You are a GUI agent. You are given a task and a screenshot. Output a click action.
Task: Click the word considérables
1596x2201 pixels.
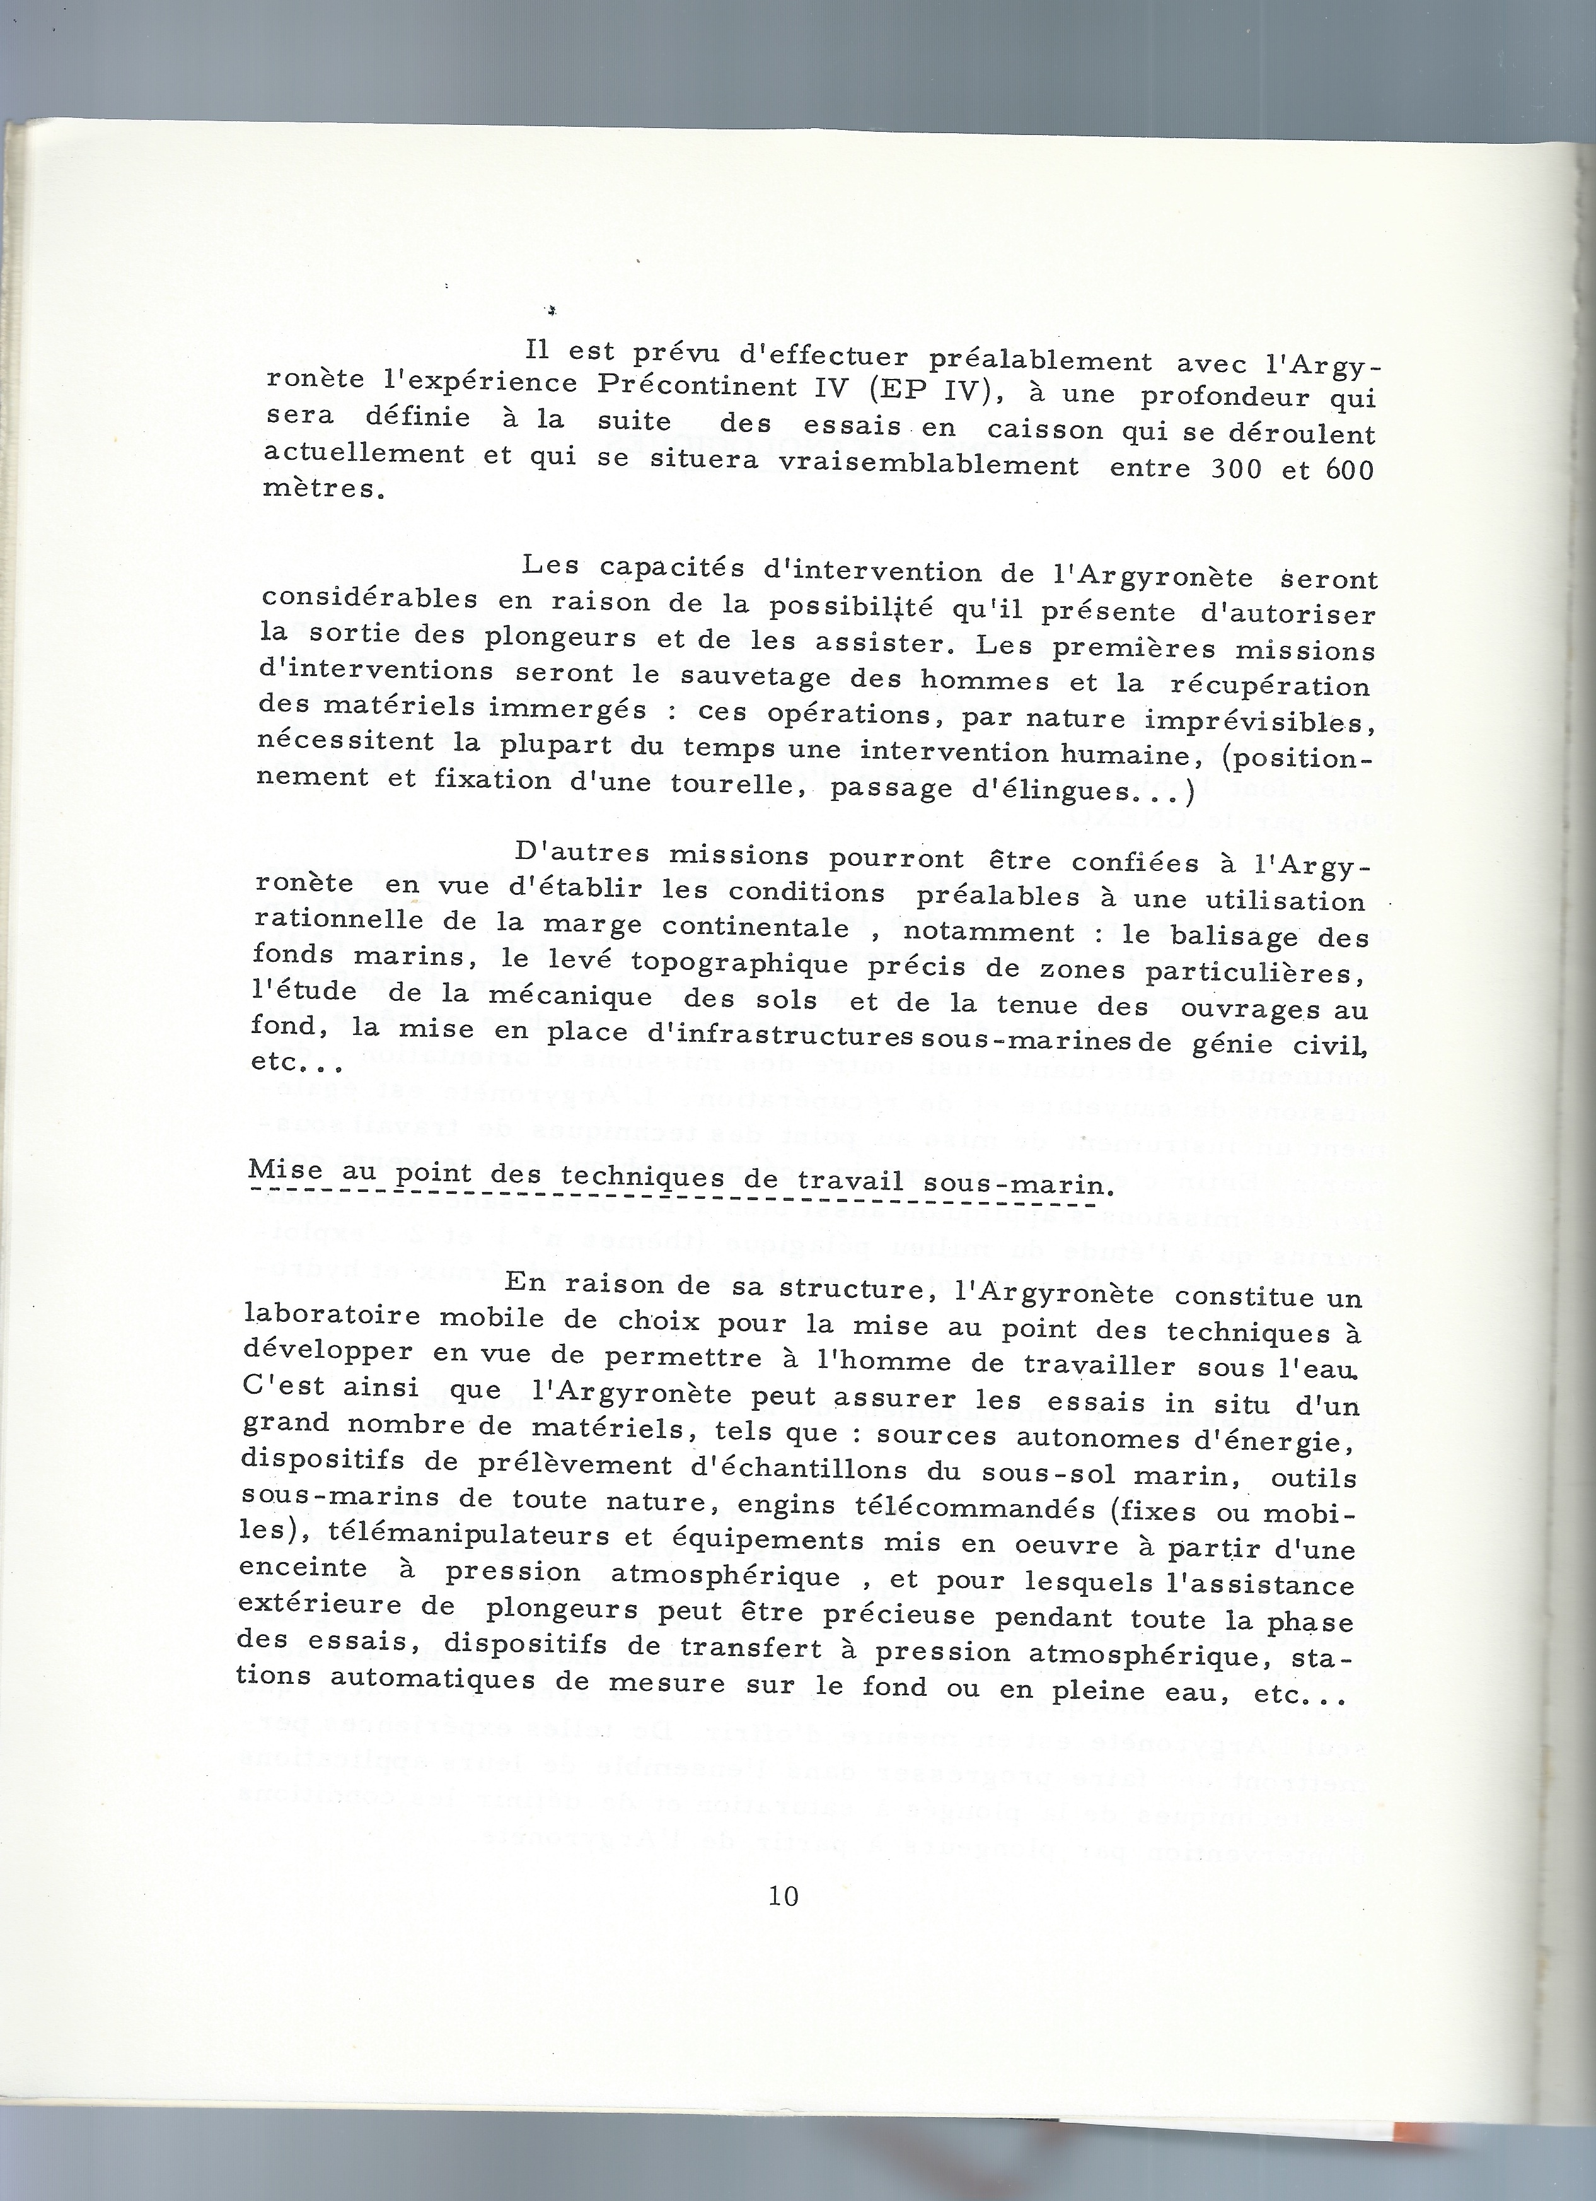pyautogui.click(x=369, y=598)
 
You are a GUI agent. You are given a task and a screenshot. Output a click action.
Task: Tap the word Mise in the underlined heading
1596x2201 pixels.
pyautogui.click(x=284, y=1171)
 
